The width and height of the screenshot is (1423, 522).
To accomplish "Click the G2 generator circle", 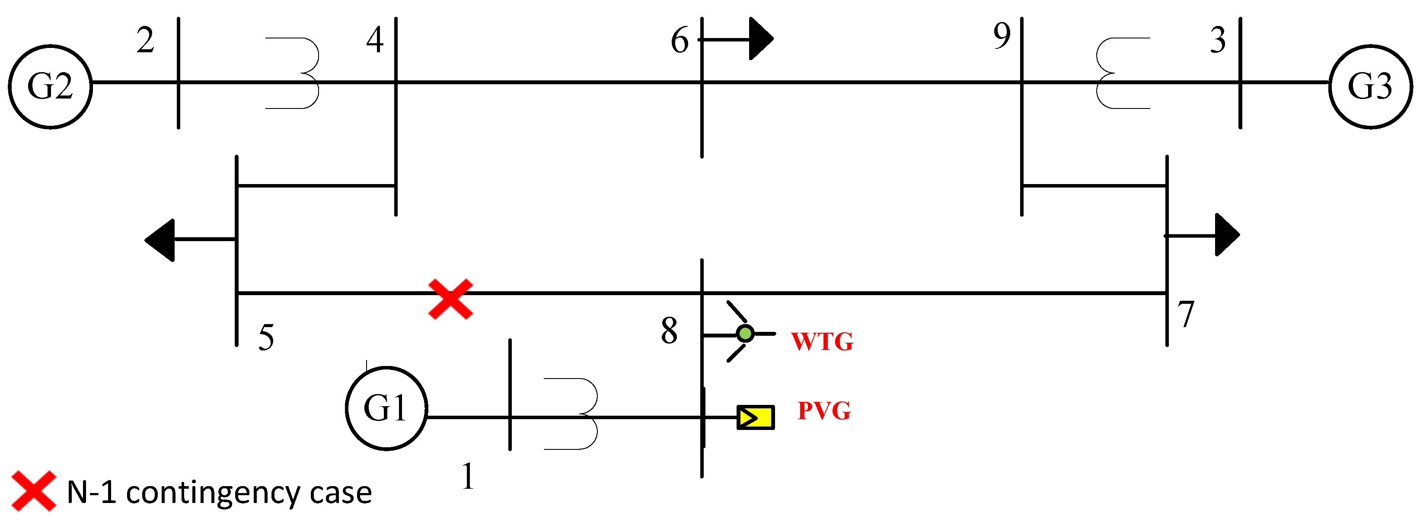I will [x=50, y=87].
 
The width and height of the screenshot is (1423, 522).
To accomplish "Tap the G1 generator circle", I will [x=386, y=408].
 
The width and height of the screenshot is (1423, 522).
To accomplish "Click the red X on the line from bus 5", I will [x=450, y=299].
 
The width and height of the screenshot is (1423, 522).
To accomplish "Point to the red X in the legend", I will [x=34, y=490].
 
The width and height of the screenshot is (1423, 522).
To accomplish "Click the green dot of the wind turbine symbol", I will [x=745, y=333].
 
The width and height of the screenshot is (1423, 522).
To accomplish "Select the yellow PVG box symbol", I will [x=755, y=417].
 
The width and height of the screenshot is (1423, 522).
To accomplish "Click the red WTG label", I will [x=822, y=341].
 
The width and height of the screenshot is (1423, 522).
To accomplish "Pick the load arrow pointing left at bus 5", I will [x=160, y=240].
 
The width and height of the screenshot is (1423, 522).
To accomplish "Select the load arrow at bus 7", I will [x=1226, y=235].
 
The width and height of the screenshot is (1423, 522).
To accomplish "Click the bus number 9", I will [x=1002, y=36].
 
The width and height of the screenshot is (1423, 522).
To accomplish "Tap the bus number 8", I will [x=669, y=331].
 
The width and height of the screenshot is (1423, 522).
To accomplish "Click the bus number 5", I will [x=266, y=337].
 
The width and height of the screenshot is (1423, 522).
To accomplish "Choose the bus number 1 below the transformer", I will [x=467, y=476].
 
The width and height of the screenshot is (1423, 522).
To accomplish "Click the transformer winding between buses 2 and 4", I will [x=301, y=73].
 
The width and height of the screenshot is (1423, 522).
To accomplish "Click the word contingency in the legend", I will [x=213, y=493].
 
